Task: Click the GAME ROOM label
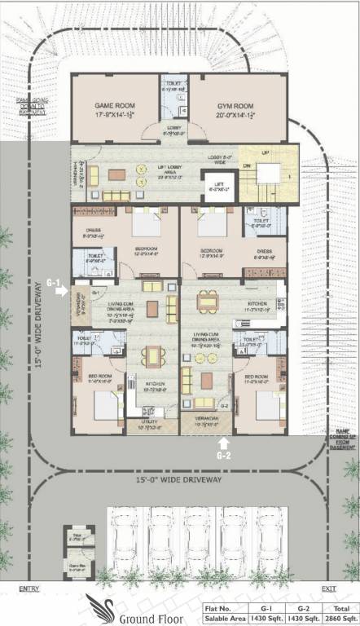[112, 107]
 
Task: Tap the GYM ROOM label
[234, 107]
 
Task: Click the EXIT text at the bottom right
[328, 589]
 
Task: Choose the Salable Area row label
[227, 619]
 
